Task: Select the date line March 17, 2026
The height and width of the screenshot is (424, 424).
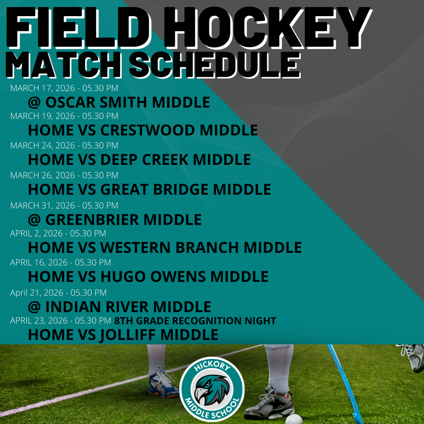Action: click(x=64, y=88)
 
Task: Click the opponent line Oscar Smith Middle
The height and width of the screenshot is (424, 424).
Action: click(x=119, y=102)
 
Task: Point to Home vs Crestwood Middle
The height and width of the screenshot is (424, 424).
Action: click(x=143, y=130)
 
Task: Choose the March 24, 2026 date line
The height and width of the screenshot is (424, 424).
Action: click(x=64, y=145)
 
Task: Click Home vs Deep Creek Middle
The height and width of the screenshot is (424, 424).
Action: click(x=139, y=159)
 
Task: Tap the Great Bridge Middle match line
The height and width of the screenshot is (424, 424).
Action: click(x=149, y=189)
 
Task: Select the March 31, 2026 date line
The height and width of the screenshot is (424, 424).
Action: click(x=64, y=205)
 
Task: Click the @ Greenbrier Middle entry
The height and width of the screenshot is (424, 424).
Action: click(x=115, y=219)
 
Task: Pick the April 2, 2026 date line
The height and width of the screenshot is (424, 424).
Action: click(x=58, y=234)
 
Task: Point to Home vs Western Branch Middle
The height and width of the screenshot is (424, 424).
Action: click(x=165, y=248)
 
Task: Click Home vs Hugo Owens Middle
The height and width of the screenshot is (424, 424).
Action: click(x=148, y=276)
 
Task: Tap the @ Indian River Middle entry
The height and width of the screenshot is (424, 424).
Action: click(x=120, y=307)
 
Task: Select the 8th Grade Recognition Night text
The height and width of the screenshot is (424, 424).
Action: click(x=195, y=321)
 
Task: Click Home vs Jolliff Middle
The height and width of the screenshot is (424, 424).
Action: click(x=123, y=335)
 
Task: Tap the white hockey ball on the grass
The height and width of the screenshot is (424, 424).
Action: click(x=294, y=419)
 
